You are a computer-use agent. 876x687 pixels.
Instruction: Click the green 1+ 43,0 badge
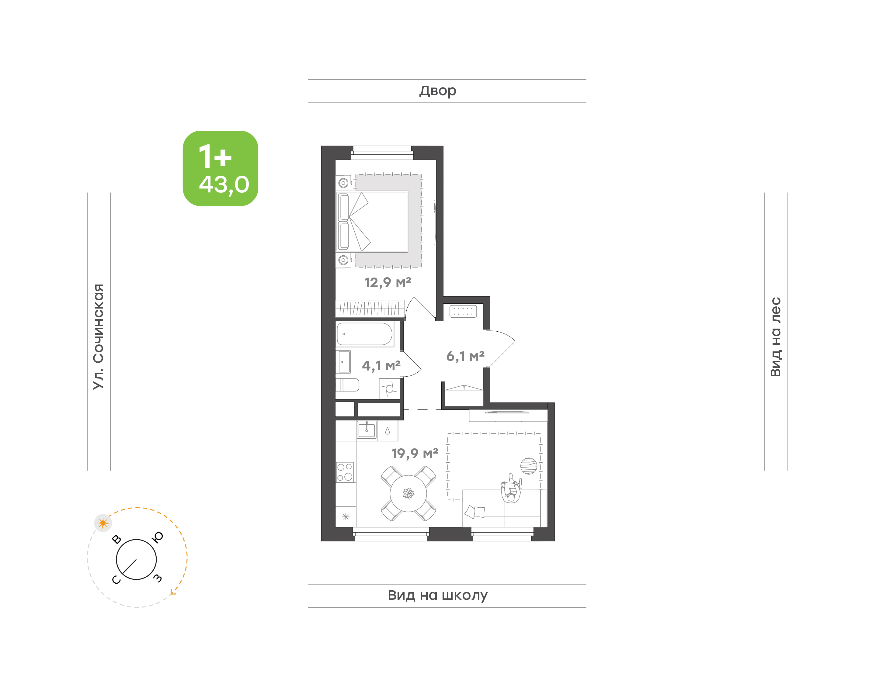(220, 168)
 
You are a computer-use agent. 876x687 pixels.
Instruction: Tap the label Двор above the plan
(437, 91)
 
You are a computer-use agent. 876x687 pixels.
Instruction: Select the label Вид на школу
(437, 595)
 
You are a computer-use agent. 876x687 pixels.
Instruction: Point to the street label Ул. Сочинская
(99, 336)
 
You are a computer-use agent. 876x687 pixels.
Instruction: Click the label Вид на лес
(775, 337)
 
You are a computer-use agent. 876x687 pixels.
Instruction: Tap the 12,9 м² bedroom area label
(388, 282)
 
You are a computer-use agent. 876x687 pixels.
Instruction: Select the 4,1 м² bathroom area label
(381, 366)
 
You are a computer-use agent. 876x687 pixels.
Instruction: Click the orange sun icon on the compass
(103, 523)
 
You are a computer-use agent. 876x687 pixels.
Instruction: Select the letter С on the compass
(116, 580)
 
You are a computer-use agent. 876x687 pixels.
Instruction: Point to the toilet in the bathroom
(347, 385)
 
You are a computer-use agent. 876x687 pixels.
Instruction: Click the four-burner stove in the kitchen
(345, 472)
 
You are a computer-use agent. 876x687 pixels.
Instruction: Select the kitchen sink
(367, 430)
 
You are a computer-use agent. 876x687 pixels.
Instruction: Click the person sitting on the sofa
(511, 489)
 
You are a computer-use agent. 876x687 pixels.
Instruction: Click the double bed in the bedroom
(372, 222)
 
